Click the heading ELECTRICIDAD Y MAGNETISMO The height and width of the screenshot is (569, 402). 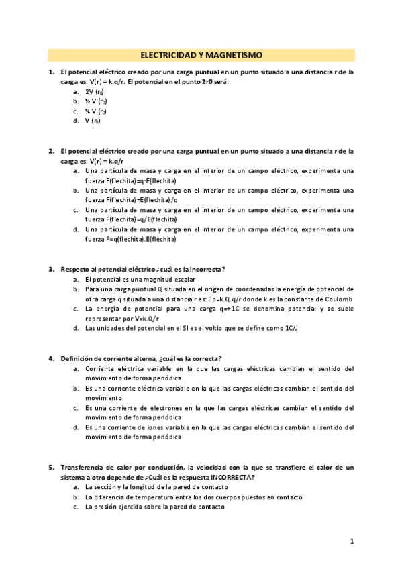[x=201, y=55]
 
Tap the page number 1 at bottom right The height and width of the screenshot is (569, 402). [x=351, y=541]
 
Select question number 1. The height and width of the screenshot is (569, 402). [x=51, y=72]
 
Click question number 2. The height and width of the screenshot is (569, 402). [x=51, y=152]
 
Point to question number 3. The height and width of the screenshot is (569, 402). [x=51, y=269]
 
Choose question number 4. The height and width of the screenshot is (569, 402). [x=51, y=358]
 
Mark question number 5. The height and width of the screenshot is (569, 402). [x=51, y=467]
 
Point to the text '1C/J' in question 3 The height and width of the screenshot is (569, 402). [x=309, y=329]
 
